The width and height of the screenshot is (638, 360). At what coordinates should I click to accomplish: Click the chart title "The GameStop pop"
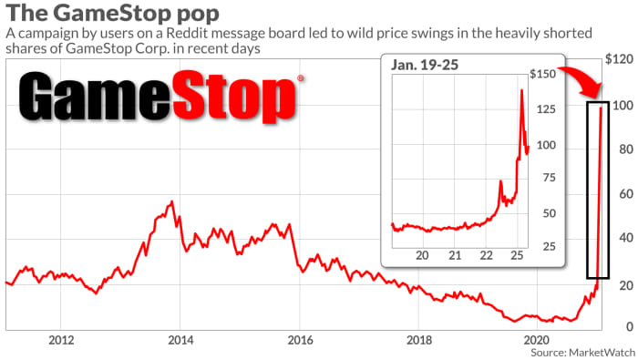pyautogui.click(x=112, y=13)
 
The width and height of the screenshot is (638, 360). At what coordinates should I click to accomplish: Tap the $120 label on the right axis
pyautogui.click(x=619, y=59)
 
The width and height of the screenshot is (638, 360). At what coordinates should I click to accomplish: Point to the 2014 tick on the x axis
pyautogui.click(x=180, y=340)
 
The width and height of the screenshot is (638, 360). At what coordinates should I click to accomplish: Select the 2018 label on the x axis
pyautogui.click(x=419, y=340)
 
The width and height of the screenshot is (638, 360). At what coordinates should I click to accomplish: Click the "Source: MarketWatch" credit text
pyautogui.click(x=582, y=353)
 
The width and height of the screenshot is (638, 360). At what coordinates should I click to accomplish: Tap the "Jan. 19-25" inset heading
pyautogui.click(x=425, y=65)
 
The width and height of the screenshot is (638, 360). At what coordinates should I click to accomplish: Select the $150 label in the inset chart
pyautogui.click(x=543, y=74)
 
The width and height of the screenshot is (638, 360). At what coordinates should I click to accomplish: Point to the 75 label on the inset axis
pyautogui.click(x=549, y=178)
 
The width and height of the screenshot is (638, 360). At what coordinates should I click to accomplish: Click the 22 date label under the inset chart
pyautogui.click(x=486, y=255)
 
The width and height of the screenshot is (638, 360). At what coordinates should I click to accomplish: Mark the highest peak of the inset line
pyautogui.click(x=521, y=90)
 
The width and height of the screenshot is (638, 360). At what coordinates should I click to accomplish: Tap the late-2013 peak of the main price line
pyautogui.click(x=172, y=201)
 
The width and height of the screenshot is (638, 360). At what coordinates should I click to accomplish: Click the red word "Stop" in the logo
pyautogui.click(x=234, y=98)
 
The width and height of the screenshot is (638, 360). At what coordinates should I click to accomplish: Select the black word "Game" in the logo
pyautogui.click(x=95, y=97)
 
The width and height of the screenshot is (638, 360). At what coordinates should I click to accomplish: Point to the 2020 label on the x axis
pyautogui.click(x=538, y=340)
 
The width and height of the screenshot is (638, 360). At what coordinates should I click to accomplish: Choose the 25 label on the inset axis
pyautogui.click(x=549, y=246)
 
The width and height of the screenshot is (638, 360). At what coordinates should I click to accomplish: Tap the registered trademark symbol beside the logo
pyautogui.click(x=301, y=78)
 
